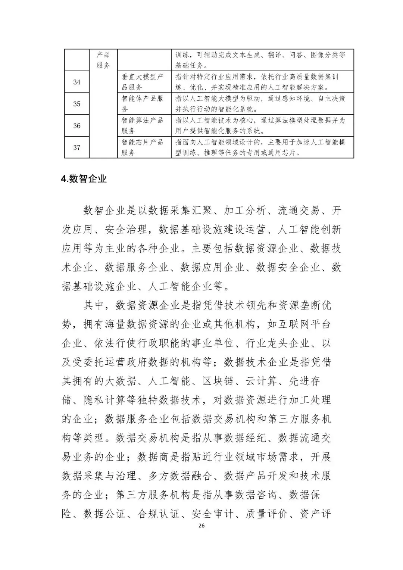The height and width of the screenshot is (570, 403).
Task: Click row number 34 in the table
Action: pos(77,82)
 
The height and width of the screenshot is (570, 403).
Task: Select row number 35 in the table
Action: pos(77,104)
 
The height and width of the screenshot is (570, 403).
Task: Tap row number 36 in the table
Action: pos(77,126)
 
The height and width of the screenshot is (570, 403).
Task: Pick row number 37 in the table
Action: pos(77,147)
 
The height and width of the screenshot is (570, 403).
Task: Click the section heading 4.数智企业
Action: pos(84,179)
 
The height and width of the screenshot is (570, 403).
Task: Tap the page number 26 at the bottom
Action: pos(201,526)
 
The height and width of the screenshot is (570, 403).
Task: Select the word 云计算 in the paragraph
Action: pos(261,381)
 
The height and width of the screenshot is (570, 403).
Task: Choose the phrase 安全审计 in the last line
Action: pos(212,514)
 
